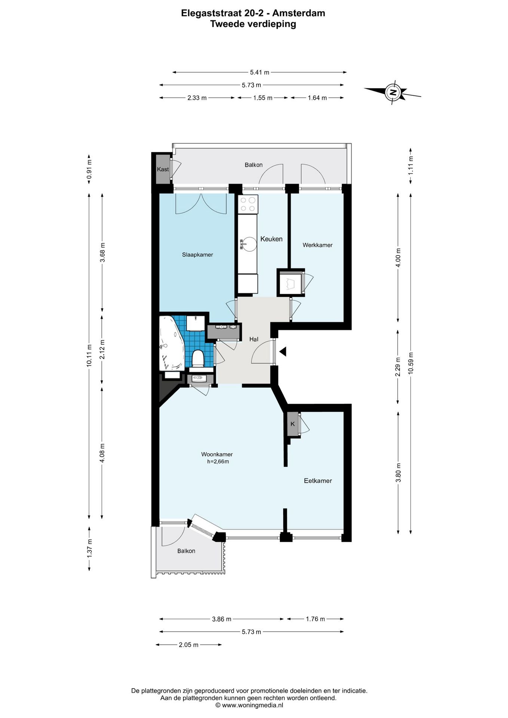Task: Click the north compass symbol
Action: [392, 92]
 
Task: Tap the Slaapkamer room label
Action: [198, 255]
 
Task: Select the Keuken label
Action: [271, 239]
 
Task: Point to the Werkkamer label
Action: [317, 245]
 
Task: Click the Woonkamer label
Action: [217, 454]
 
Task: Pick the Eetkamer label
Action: [318, 481]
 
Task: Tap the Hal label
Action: [254, 339]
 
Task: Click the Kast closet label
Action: [163, 169]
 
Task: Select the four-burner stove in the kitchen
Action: [248, 204]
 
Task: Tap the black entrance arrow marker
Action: [283, 352]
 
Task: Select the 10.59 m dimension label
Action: [411, 363]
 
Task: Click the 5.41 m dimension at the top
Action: [260, 73]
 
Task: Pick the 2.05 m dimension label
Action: [189, 645]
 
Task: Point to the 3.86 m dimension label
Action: [221, 619]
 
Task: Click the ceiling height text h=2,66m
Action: [218, 461]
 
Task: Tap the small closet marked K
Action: [293, 424]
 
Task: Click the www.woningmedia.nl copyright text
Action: [249, 705]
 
